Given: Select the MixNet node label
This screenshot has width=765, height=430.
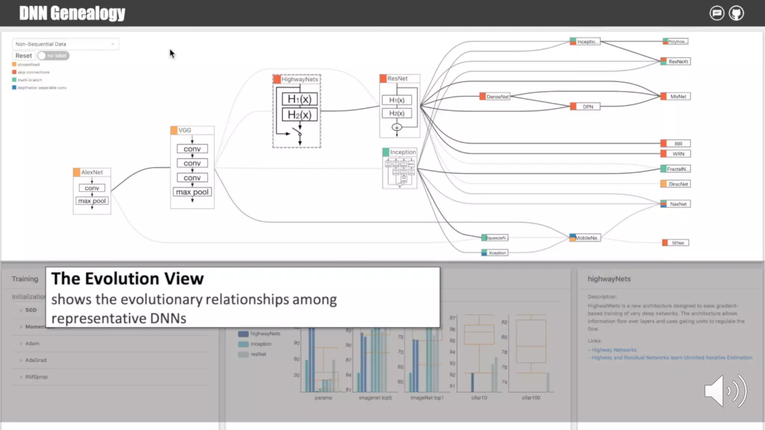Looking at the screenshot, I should tap(678, 97).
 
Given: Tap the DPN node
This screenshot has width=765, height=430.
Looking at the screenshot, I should tap(588, 107).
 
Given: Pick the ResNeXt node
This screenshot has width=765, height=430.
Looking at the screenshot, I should tap(678, 62).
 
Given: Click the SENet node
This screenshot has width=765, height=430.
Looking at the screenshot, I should tap(678, 243).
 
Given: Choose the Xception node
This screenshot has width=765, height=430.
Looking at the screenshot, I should tap(497, 253).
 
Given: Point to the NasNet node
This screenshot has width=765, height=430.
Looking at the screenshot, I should tap(678, 204).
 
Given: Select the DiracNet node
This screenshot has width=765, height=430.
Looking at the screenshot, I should tap(678, 184).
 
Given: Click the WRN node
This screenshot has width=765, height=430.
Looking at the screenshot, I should tap(678, 154).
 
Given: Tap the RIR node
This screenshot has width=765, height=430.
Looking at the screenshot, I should tap(678, 144).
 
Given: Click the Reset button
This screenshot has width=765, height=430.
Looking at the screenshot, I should tap(24, 56).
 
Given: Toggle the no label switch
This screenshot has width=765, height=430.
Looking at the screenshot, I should tap(53, 56).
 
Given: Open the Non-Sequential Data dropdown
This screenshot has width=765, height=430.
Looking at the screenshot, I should tap(65, 44).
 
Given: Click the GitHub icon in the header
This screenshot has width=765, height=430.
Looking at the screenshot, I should tap(736, 13).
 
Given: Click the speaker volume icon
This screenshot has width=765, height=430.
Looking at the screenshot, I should tap(725, 391).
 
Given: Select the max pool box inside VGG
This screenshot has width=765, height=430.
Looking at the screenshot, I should tap(192, 192).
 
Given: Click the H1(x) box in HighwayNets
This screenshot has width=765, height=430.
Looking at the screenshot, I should tap(300, 99).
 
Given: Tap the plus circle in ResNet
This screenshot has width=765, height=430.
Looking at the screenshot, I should tap(397, 127).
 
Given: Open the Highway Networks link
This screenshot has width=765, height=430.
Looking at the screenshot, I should tap(614, 350).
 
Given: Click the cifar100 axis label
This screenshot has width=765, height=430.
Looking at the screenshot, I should tap(531, 398).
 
